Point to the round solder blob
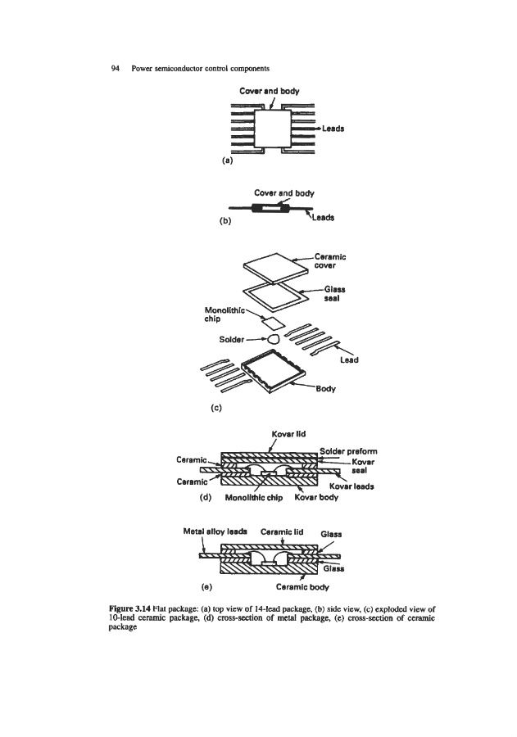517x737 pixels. (x=274, y=337)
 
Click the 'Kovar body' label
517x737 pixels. (x=317, y=493)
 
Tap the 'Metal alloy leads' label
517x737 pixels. (x=214, y=531)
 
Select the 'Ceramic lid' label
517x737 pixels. (x=283, y=531)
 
